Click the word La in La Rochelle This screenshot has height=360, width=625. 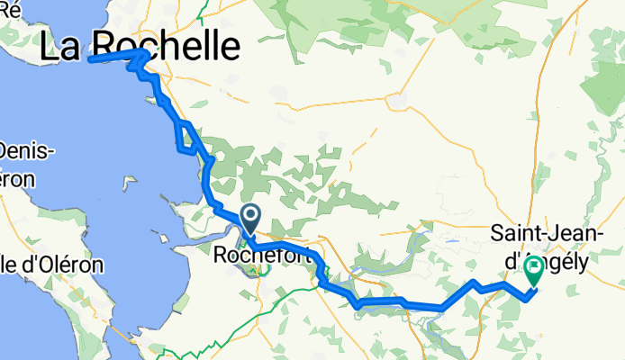(x=60, y=46)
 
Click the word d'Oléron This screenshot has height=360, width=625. (x=61, y=265)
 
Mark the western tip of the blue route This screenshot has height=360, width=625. (x=91, y=60)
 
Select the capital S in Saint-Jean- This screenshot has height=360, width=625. (x=496, y=234)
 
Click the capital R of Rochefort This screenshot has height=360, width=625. (x=222, y=256)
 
